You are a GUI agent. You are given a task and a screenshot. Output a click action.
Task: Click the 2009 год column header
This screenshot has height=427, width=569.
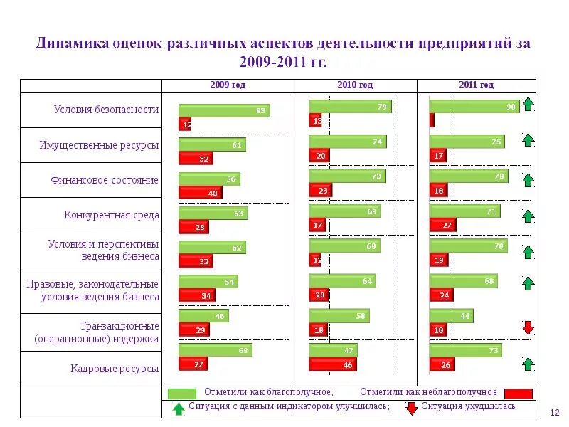228,85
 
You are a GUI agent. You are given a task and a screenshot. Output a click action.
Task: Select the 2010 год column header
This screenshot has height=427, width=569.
355,85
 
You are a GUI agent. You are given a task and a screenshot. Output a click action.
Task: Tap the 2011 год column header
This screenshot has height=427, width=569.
476,85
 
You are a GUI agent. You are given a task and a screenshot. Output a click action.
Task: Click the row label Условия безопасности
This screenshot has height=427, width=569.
106,110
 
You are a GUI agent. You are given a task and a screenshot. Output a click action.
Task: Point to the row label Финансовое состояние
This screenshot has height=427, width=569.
104,180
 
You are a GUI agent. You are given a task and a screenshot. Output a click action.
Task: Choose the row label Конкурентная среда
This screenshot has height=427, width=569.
111,215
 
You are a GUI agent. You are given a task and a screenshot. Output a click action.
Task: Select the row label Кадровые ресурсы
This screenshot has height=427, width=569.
115,369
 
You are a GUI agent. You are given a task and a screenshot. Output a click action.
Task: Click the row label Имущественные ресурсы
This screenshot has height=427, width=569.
99,145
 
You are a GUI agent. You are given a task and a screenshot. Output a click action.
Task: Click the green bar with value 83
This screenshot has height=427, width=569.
224,110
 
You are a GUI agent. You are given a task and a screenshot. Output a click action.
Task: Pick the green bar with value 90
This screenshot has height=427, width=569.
474,107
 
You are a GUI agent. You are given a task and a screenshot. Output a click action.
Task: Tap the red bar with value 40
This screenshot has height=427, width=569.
200,193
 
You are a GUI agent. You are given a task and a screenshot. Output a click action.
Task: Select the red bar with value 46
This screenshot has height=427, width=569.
332,364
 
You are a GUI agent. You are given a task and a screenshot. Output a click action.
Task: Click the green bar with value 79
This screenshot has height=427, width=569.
350,107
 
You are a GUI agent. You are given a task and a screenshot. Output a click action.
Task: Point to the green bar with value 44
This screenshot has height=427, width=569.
451,315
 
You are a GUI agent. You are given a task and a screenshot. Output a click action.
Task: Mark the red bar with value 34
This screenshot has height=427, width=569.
196,295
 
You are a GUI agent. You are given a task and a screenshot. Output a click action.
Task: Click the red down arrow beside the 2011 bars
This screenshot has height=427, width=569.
528,327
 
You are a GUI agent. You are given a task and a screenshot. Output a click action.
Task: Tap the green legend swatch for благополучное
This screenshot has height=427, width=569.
182,393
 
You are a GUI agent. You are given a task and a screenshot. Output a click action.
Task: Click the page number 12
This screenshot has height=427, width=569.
555,413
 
